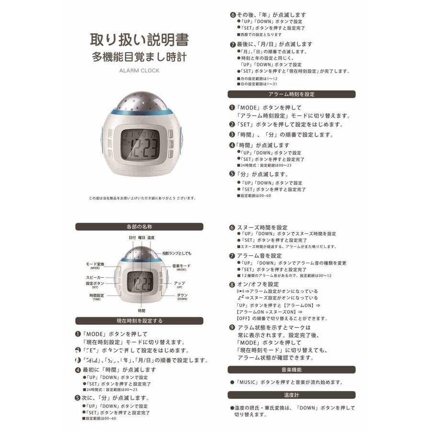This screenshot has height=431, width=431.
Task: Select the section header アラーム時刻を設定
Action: pyautogui.click(x=292, y=94)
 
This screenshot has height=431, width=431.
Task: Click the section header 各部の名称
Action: pyautogui.click(x=139, y=227)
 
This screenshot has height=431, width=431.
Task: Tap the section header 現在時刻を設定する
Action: pyautogui.click(x=139, y=320)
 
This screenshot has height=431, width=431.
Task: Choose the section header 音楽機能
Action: pyautogui.click(x=292, y=370)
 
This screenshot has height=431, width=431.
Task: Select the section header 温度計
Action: pyautogui.click(x=292, y=395)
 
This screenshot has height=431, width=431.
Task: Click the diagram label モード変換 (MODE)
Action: pyautogui.click(x=95, y=265)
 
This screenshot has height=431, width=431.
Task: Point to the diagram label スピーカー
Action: pyautogui.click(x=95, y=277)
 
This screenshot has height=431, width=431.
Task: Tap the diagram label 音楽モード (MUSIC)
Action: pyautogui.click(x=181, y=267)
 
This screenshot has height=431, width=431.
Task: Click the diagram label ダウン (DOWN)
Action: pyautogui.click(x=182, y=296)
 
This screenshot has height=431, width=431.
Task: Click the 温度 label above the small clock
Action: pyautogui.click(x=151, y=238)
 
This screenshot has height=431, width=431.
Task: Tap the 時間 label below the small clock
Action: pyautogui.click(x=141, y=310)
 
